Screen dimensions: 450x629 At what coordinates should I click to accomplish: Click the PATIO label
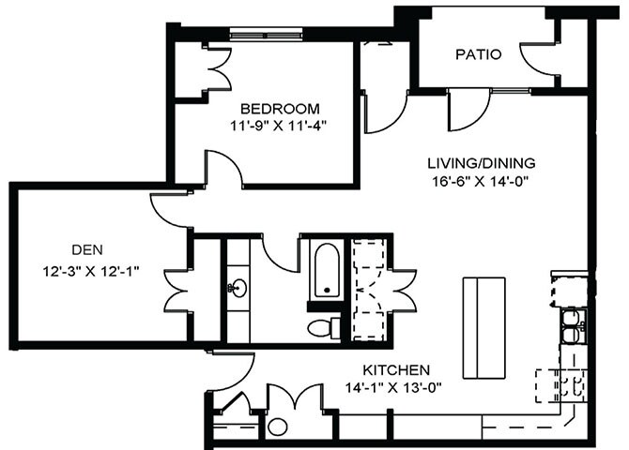479,54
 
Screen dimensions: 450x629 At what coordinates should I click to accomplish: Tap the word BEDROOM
279,108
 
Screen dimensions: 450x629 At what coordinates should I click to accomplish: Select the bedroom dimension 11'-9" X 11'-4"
279,124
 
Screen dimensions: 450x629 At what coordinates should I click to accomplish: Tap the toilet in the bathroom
321,327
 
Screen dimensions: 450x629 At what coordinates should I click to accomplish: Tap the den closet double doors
178,291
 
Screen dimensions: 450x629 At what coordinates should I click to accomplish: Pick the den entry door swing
169,208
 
